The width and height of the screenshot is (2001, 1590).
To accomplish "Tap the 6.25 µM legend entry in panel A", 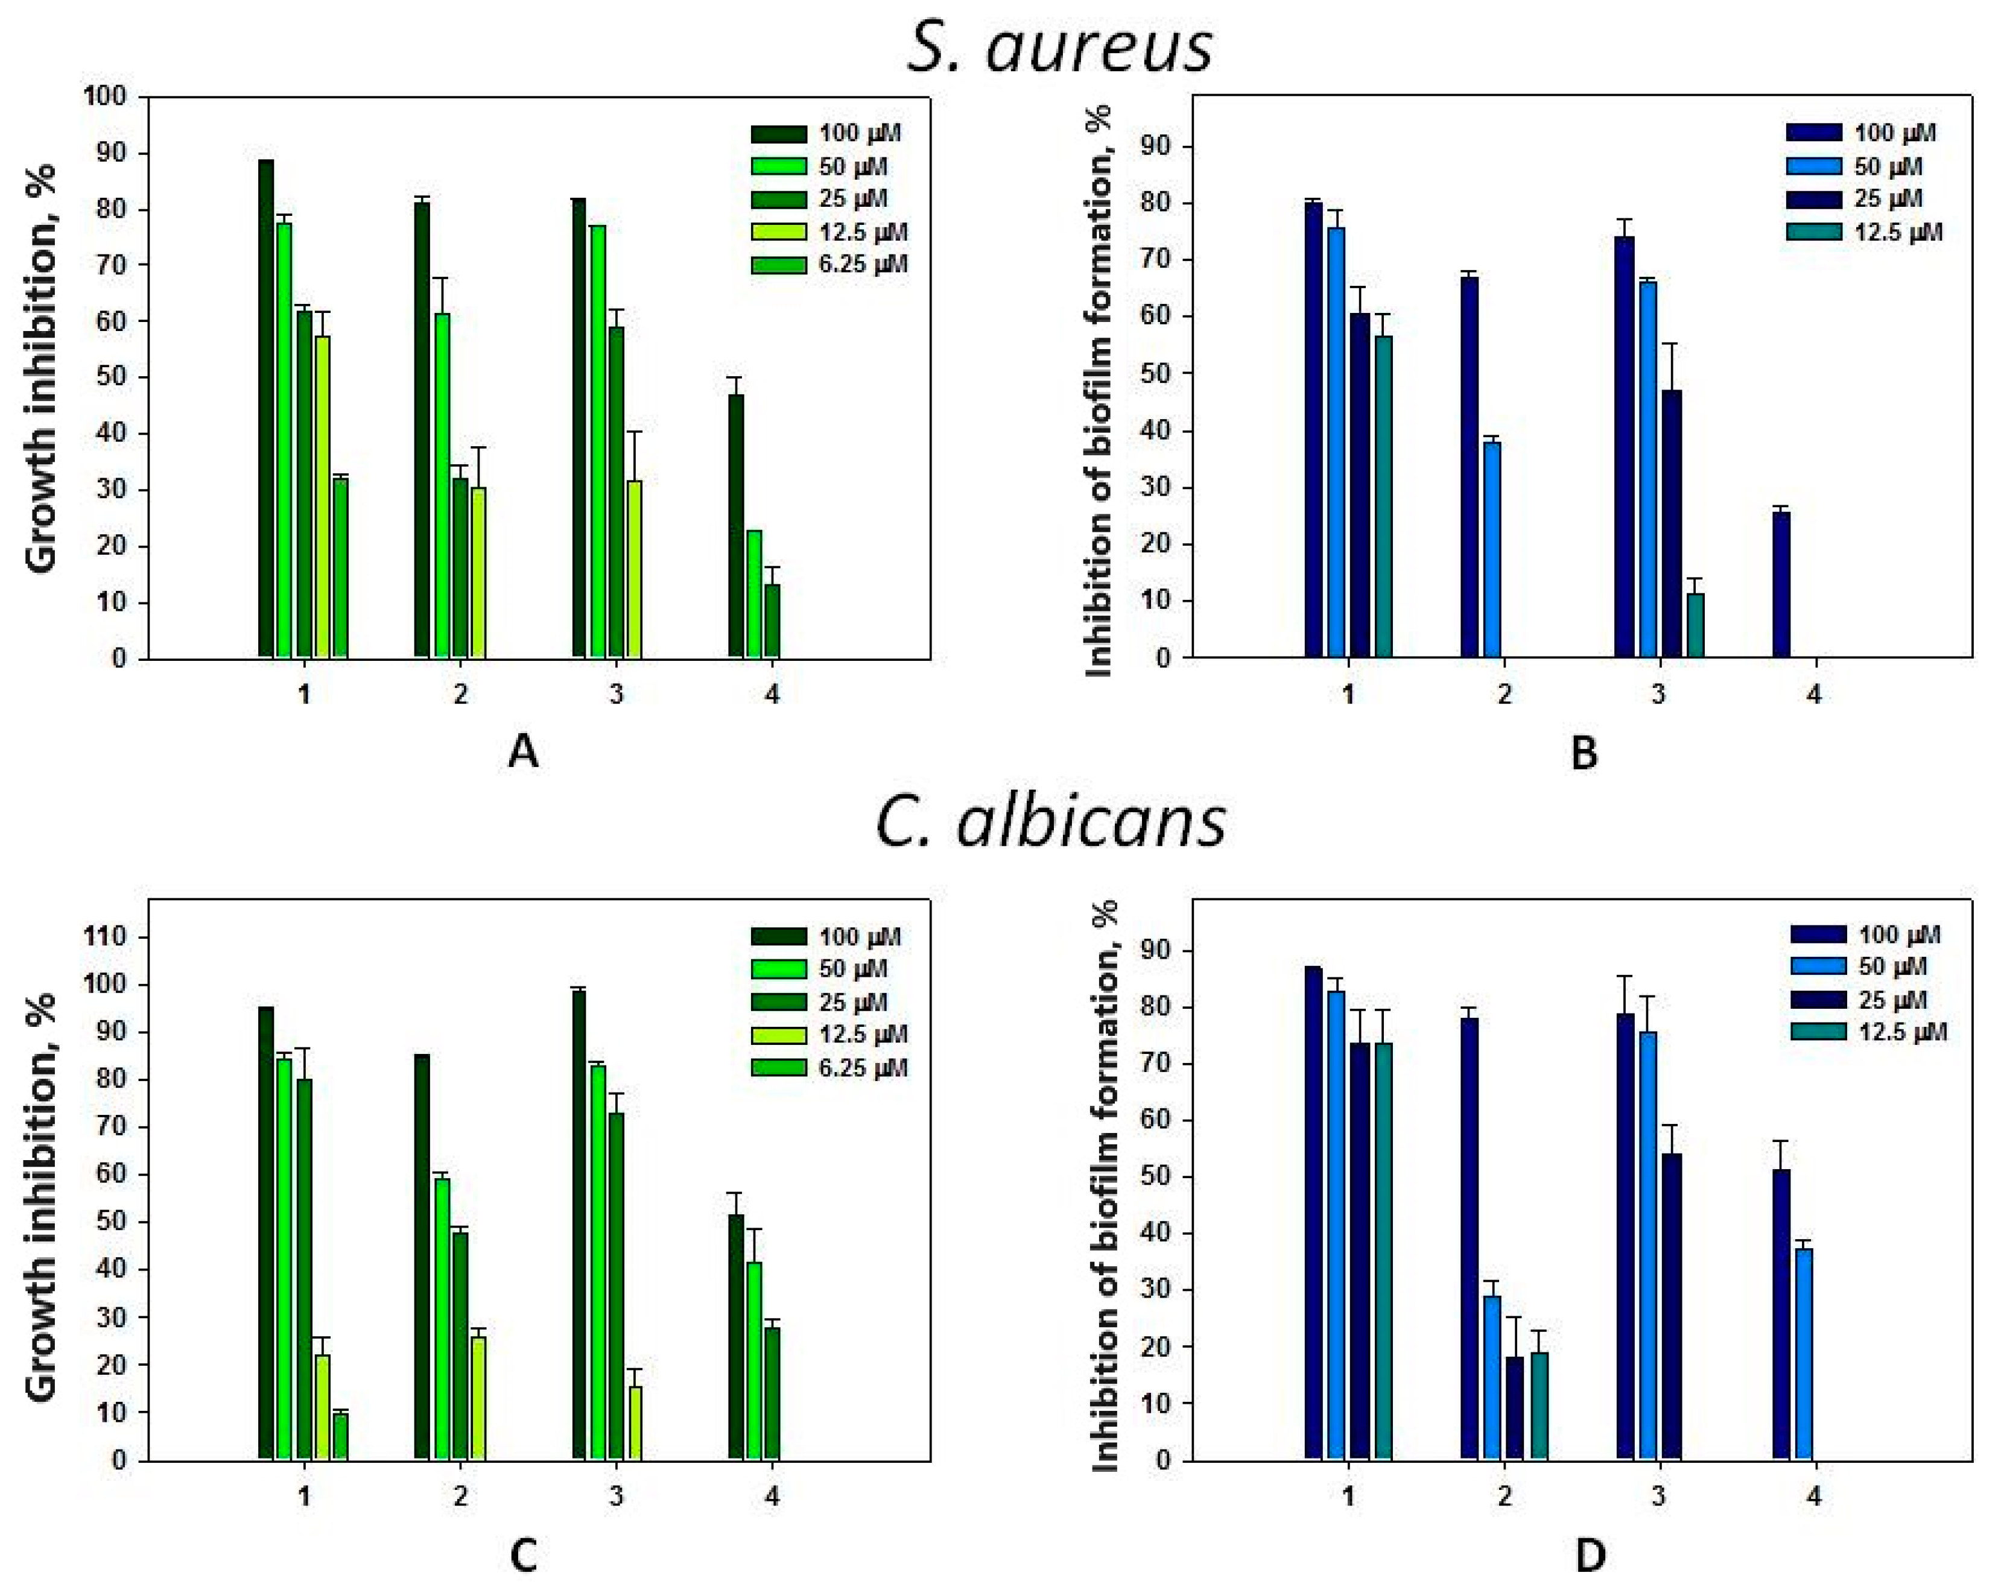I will [x=829, y=264].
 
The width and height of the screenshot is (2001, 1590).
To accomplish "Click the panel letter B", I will [x=1584, y=752].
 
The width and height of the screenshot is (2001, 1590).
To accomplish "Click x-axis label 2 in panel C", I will [x=460, y=1495].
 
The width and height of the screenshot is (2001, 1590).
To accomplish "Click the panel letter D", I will [x=1590, y=1556].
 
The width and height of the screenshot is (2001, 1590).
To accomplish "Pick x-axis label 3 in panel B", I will [x=1658, y=694].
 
